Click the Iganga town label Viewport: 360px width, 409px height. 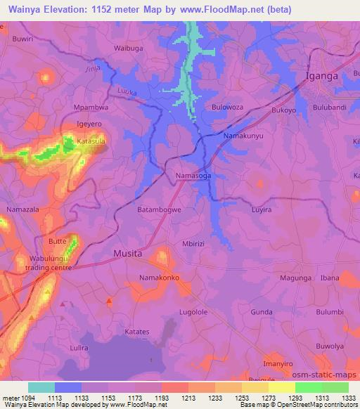click(322, 75)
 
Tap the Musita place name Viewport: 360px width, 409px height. click(128, 253)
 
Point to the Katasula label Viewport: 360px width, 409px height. click(91, 141)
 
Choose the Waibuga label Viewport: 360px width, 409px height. click(129, 48)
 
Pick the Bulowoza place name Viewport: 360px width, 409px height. click(227, 108)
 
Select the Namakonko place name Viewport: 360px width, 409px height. click(160, 278)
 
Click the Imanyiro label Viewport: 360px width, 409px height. click(277, 363)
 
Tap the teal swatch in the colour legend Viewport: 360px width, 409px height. click(41, 387)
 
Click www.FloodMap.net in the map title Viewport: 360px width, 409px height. click(219, 8)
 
